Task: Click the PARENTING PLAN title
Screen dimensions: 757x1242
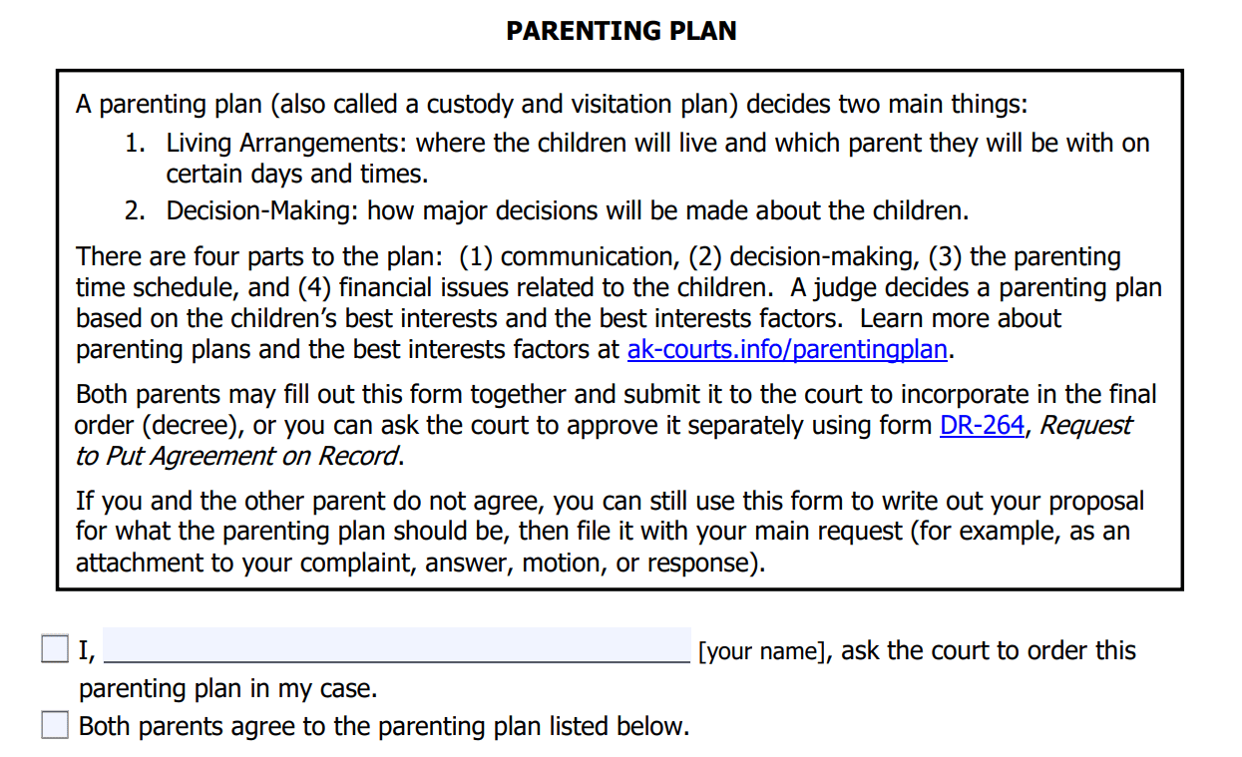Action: (621, 31)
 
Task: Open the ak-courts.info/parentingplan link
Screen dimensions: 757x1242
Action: (788, 351)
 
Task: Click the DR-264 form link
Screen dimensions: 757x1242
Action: (982, 426)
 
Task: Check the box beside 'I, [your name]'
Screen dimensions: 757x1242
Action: (55, 649)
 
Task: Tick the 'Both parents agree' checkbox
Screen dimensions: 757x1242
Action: (55, 725)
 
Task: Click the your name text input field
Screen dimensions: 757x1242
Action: (396, 645)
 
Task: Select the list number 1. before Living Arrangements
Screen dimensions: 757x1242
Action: (136, 144)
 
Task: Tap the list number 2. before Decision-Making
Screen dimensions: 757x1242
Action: (136, 211)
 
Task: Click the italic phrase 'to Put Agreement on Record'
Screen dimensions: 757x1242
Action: (238, 457)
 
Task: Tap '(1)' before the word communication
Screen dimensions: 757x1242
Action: (476, 257)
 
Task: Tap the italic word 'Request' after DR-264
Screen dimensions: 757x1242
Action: (1085, 426)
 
